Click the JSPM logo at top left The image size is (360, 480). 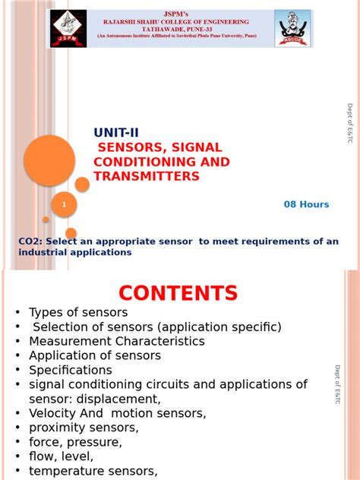point(68,29)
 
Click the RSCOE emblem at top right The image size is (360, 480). point(292,29)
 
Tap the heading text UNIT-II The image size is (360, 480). point(116,133)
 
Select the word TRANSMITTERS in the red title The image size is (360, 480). point(146,176)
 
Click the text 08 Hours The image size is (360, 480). point(306,204)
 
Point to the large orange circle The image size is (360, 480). point(49,160)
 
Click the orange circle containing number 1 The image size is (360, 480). point(64,204)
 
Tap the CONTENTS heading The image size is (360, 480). point(178,293)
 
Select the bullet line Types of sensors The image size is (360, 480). point(78,312)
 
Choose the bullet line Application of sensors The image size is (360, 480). point(95,355)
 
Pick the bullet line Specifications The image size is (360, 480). point(70,370)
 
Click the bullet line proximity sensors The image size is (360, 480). point(84,428)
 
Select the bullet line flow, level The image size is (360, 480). point(61,456)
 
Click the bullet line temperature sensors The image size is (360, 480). point(93,471)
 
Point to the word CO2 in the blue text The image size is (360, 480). point(29,242)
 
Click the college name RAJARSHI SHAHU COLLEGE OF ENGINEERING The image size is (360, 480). point(181,22)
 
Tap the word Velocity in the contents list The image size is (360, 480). point(51,413)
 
